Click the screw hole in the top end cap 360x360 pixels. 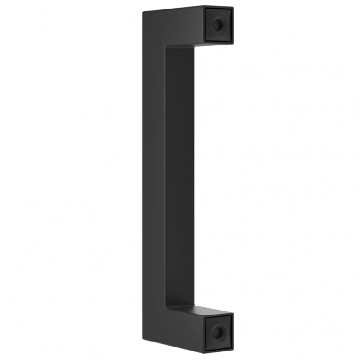pos(218,25)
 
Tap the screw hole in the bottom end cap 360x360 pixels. pos(218,333)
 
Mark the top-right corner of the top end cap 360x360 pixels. pos(233,7)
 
